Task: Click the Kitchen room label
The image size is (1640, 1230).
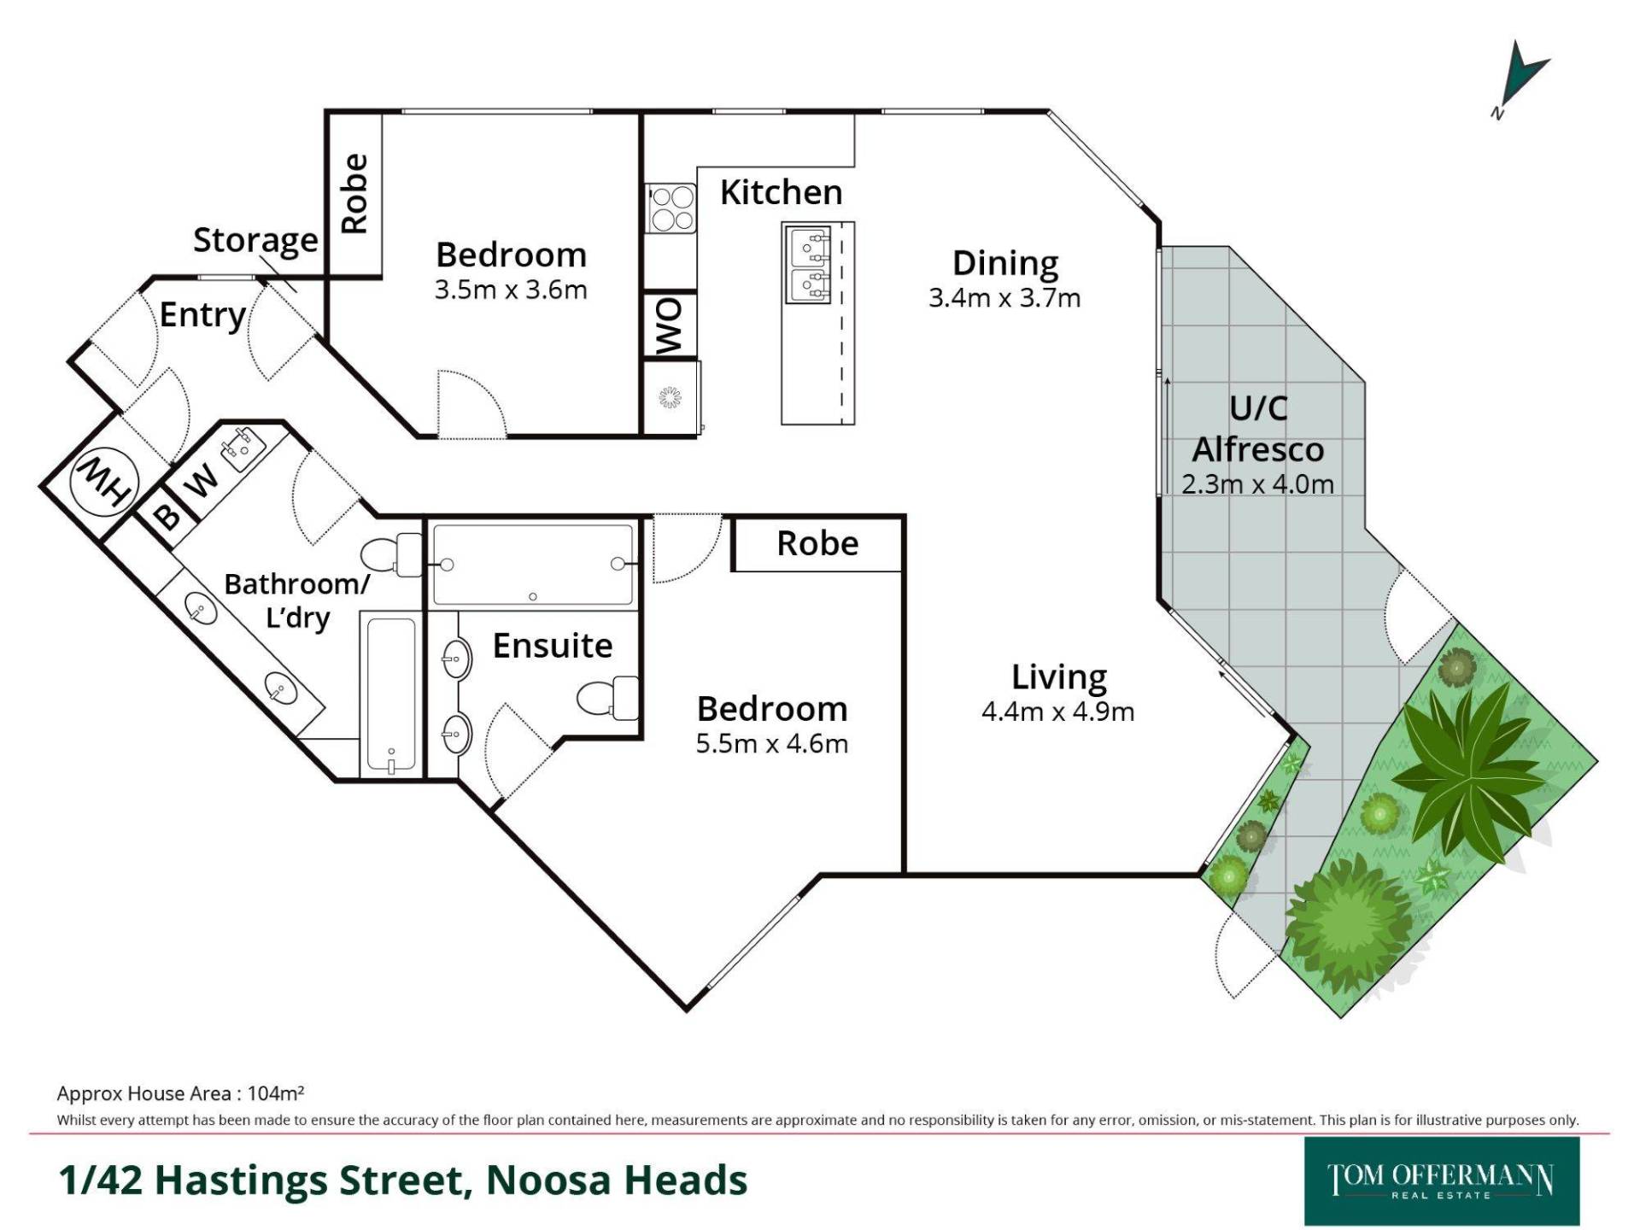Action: (x=781, y=193)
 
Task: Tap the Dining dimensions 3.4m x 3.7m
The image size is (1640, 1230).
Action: (x=1004, y=298)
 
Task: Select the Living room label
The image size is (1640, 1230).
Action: (x=1059, y=677)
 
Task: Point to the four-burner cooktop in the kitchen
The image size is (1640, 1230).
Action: (x=671, y=208)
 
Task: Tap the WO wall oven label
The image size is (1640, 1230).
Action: (x=670, y=325)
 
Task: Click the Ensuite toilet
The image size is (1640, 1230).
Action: (x=608, y=697)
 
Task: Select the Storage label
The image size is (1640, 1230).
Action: (x=255, y=241)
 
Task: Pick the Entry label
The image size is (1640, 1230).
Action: (x=202, y=315)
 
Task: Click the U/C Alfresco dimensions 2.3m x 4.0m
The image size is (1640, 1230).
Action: (x=1257, y=484)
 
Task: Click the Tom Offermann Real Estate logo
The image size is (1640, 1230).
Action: (x=1442, y=1180)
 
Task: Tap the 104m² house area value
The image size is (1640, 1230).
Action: (x=276, y=1093)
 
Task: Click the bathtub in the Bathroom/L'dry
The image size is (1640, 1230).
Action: (x=391, y=694)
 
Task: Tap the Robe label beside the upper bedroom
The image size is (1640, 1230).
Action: (x=354, y=194)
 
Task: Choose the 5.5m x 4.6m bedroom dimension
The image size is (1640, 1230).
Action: (x=771, y=744)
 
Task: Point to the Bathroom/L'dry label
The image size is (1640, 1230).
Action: (x=297, y=600)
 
